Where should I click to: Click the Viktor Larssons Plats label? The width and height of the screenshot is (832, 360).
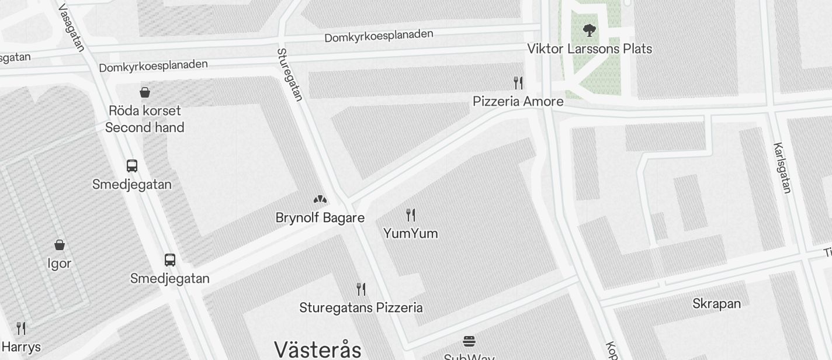590,49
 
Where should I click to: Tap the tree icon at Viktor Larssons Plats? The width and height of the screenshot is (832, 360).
590,30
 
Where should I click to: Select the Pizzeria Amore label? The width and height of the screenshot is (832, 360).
518,101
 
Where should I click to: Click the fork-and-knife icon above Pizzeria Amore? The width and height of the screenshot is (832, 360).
518,82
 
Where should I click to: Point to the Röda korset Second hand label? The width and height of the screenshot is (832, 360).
145,119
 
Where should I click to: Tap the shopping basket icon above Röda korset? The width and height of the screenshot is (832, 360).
145,92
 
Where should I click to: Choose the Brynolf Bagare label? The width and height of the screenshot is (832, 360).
320,218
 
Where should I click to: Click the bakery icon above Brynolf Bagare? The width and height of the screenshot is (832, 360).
320,199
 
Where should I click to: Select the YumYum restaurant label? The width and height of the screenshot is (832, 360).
411,233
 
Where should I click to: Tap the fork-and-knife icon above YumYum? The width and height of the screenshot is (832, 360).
411,215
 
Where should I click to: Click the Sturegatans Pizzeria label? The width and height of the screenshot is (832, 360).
361,307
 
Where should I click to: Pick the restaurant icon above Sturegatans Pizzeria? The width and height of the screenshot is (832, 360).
361,289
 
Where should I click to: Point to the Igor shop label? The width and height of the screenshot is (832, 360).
60,264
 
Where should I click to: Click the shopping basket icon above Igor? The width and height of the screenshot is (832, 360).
60,244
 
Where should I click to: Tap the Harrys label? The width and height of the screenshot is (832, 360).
22,347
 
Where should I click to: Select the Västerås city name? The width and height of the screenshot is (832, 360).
318,349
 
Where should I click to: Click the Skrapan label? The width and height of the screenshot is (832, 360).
716,304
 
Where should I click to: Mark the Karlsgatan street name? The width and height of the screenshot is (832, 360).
782,168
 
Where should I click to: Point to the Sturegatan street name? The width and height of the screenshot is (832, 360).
290,75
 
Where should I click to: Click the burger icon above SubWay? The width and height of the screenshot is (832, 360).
469,341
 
